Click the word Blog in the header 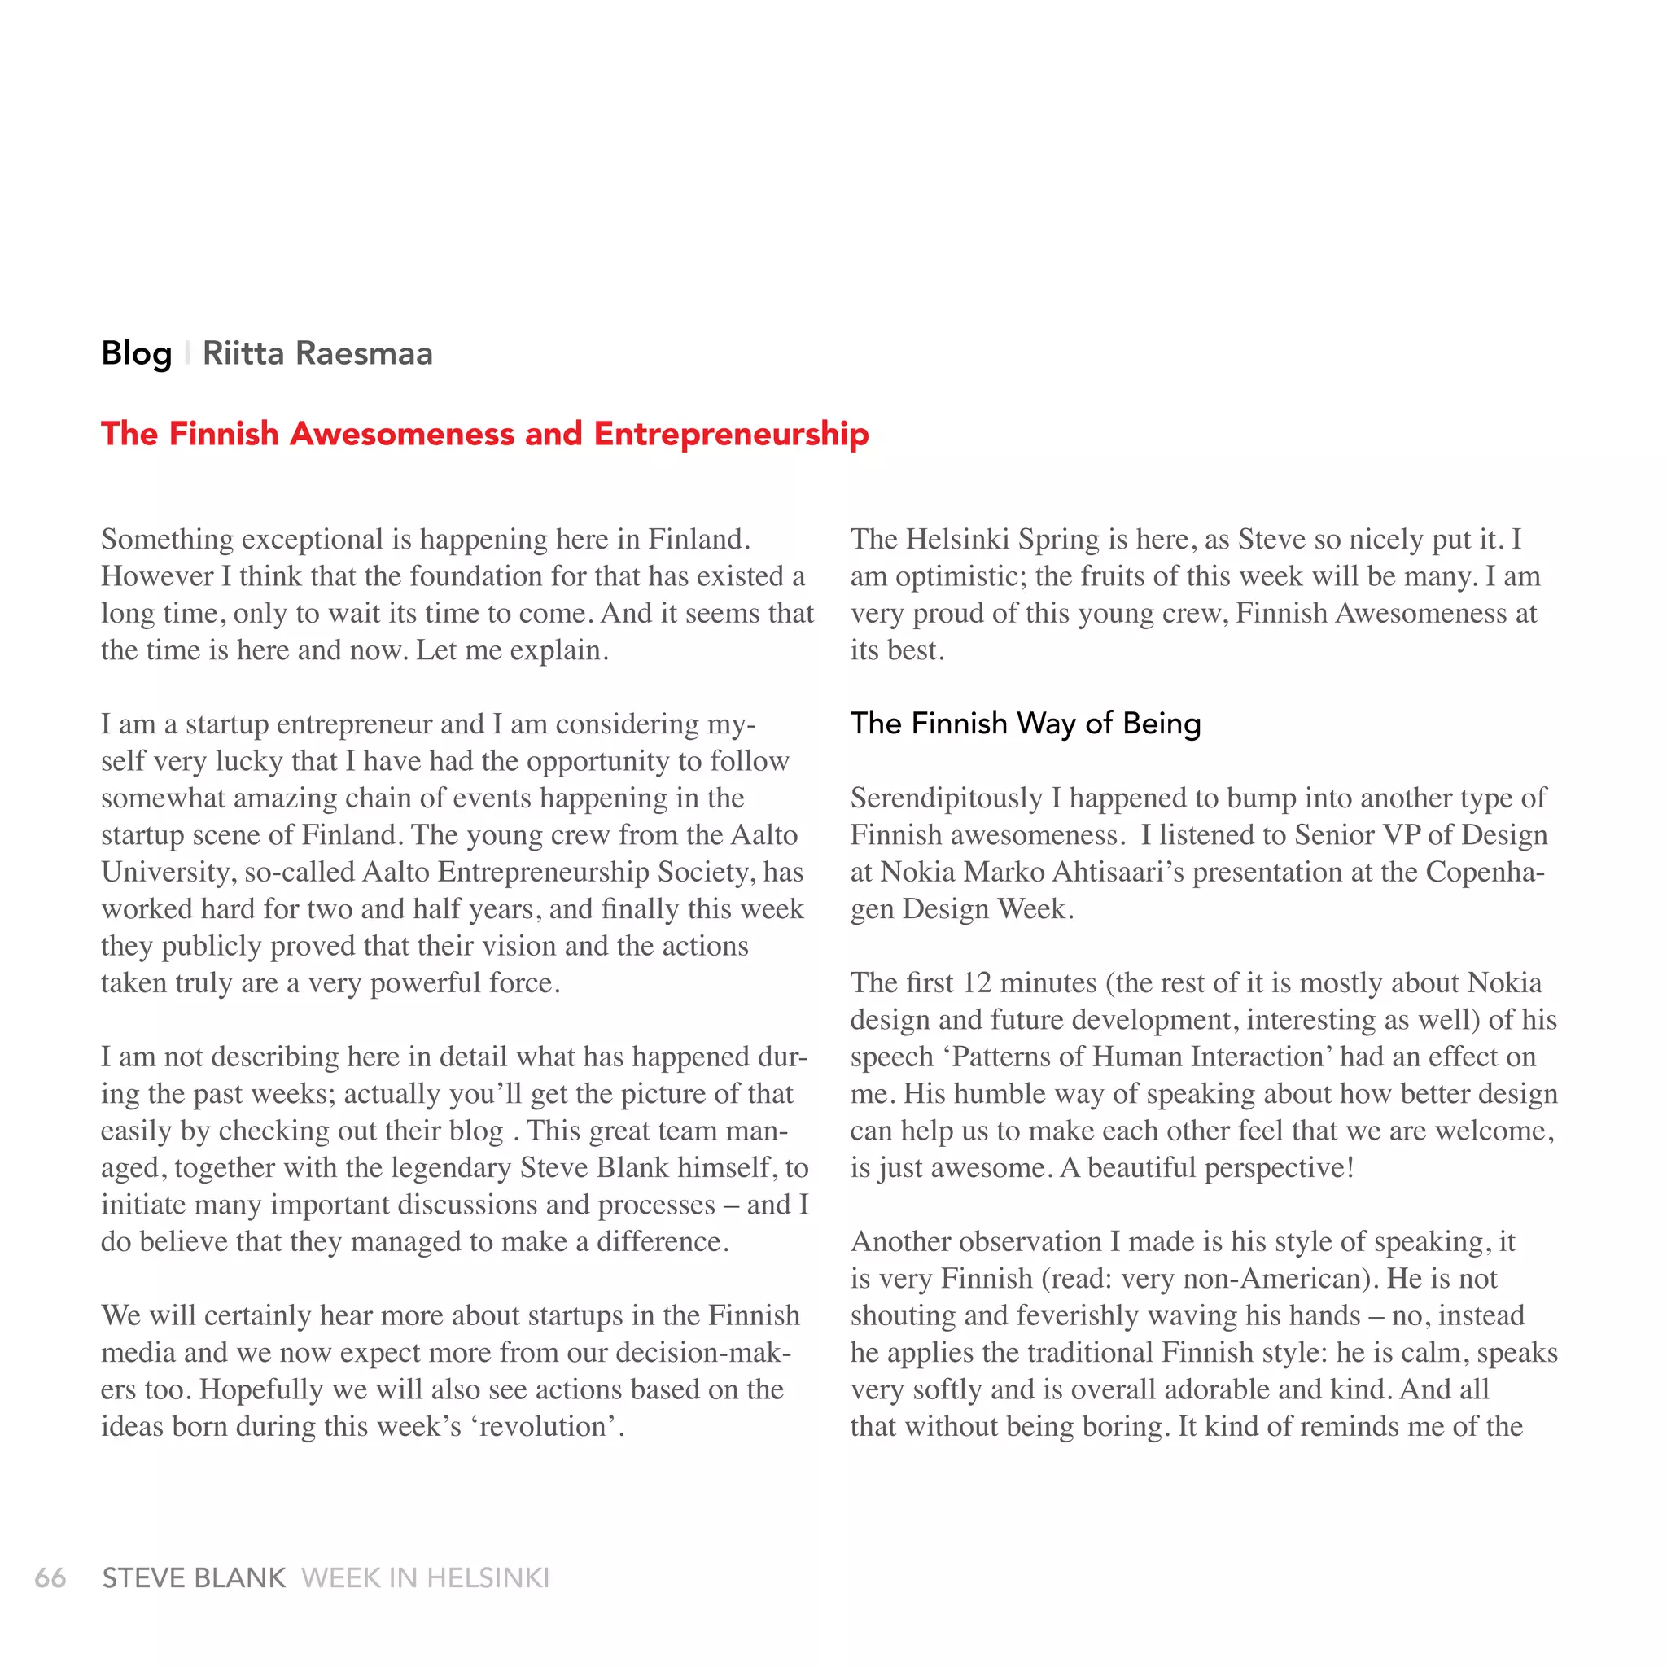[x=136, y=354]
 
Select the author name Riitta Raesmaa [x=317, y=354]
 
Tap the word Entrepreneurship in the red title [x=731, y=433]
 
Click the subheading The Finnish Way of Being [x=1025, y=723]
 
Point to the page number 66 [x=50, y=1578]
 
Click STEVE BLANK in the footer [x=193, y=1578]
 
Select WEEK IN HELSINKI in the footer [x=426, y=1578]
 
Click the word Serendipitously [x=947, y=798]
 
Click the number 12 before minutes [x=977, y=982]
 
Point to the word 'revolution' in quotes [x=547, y=1426]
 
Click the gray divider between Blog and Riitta [x=187, y=354]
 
